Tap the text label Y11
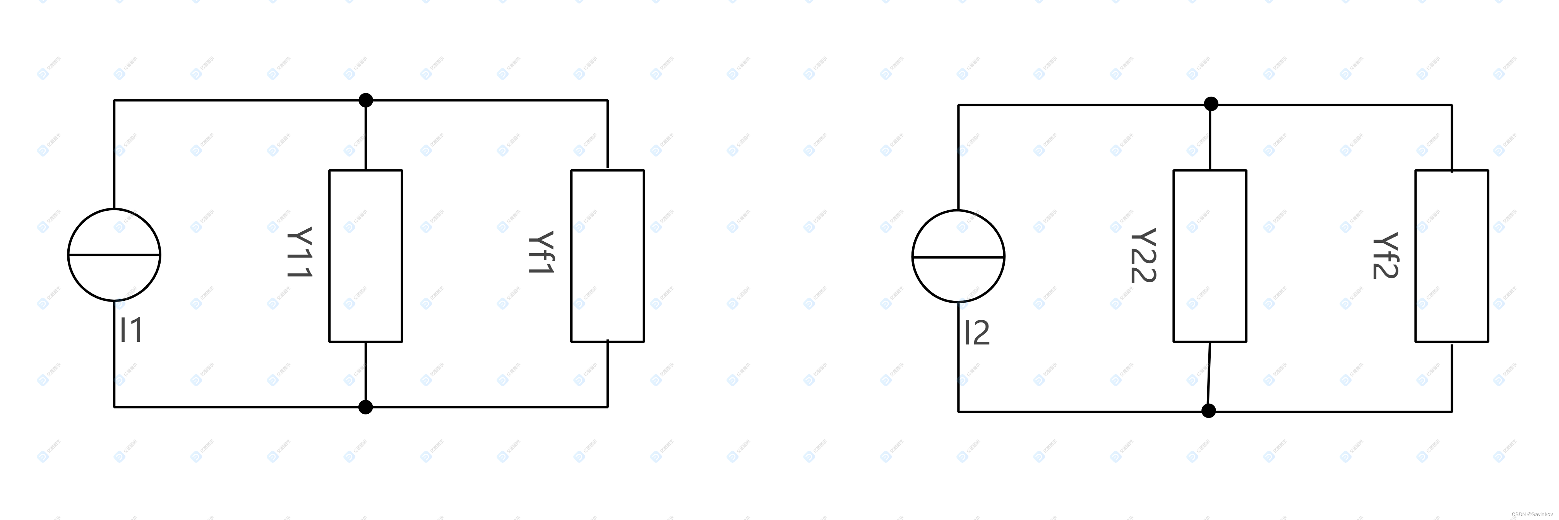click(x=300, y=253)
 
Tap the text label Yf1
click(x=540, y=253)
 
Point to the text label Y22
click(x=1143, y=255)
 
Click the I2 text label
click(x=977, y=332)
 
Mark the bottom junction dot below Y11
click(x=365, y=407)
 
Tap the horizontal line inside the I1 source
click(x=91, y=255)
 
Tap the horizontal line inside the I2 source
click(x=935, y=257)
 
